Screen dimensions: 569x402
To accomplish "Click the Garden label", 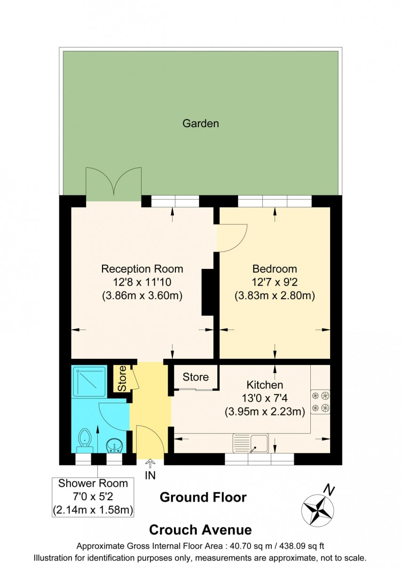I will pos(201,124).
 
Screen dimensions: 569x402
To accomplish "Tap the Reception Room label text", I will pos(142,269).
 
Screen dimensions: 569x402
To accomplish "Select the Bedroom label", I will pos(275,269).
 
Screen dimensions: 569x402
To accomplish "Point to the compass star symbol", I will pos(317,510).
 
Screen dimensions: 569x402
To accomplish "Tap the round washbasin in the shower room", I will pos(114,444).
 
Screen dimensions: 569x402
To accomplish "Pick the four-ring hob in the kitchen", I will pos(320,401).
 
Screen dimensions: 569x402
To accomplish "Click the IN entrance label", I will pos(150,476).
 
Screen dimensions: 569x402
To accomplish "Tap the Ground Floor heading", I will pos(203,497).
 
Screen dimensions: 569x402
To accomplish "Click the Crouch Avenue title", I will pos(200,530).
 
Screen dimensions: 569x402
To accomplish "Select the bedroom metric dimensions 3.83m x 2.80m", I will pos(275,296).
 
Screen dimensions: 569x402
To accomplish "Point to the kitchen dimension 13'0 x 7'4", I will pos(265,398).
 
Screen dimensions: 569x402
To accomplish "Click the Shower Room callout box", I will pos(93,496).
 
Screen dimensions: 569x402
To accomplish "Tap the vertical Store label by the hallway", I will pos(122,378).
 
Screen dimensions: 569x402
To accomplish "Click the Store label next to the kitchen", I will pos(196,377).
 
